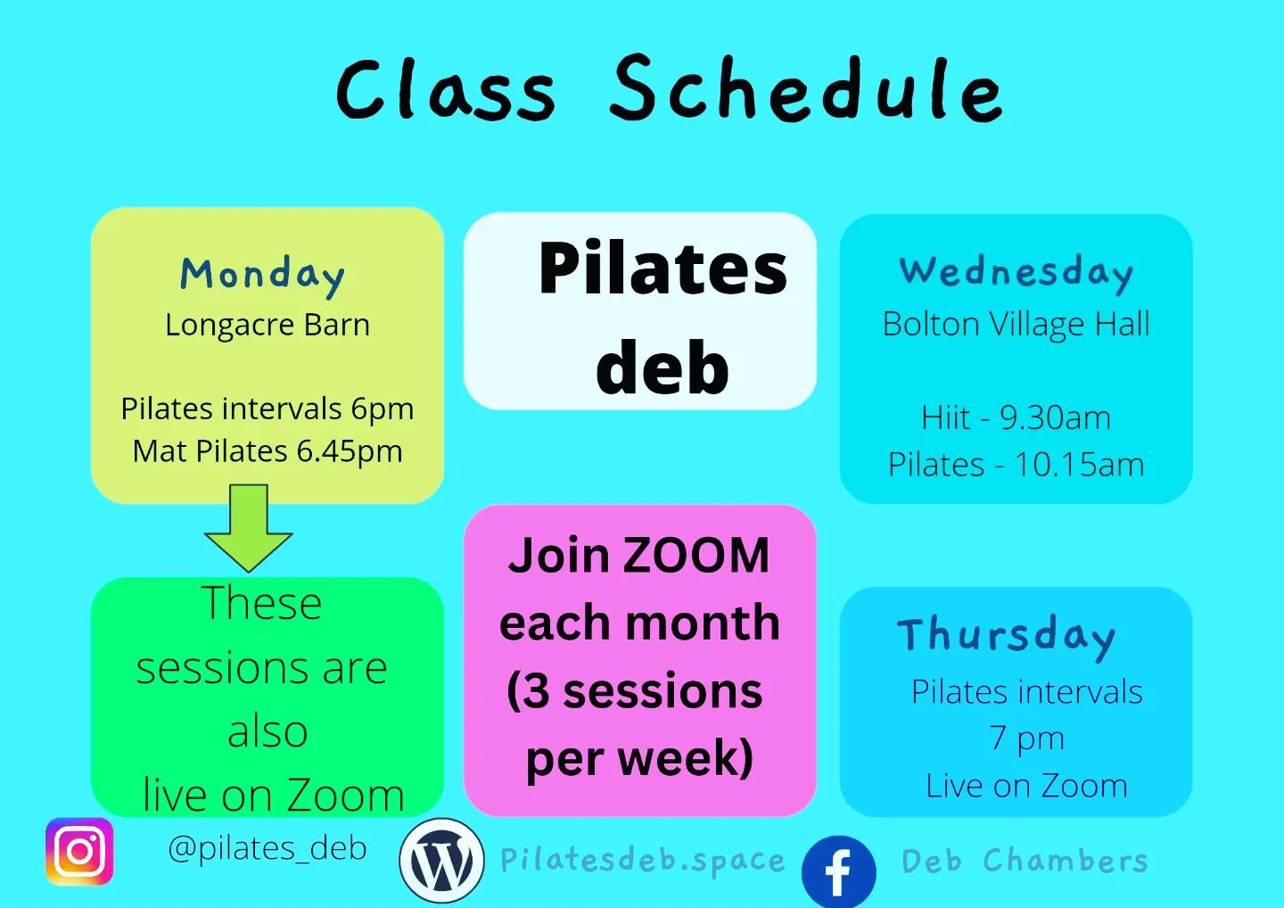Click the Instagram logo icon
[79, 852]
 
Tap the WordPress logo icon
[441, 861]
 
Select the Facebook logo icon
[838, 872]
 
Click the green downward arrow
[249, 528]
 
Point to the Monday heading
[262, 276]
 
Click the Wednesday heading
[1017, 274]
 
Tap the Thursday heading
[1007, 637]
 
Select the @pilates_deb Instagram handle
[267, 848]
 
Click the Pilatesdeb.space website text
[643, 861]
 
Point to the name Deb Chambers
[1025, 861]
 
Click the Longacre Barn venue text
[267, 326]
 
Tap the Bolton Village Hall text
[1017, 325]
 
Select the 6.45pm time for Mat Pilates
[350, 451]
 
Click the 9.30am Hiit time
[1056, 417]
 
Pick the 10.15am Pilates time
[1079, 465]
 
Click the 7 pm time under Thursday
[1026, 738]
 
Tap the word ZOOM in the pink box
[695, 555]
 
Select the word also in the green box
[267, 731]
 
